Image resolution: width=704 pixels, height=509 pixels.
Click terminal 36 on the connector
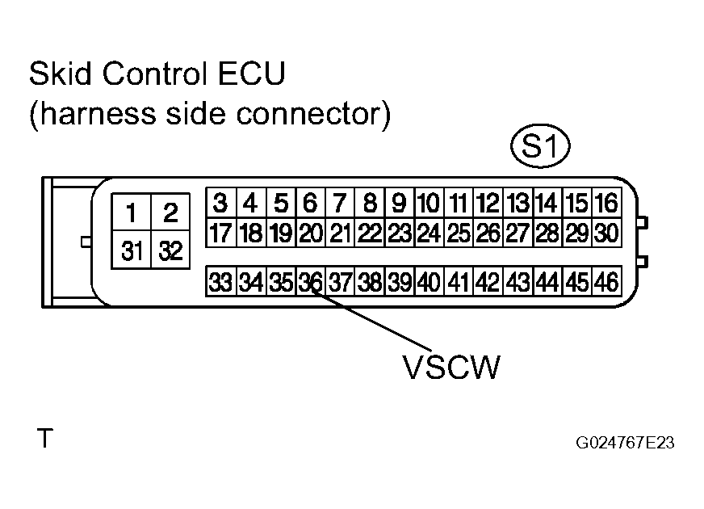coord(311,282)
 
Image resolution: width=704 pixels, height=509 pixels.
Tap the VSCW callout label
coord(451,367)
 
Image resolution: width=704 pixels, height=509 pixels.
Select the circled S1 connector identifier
coord(541,146)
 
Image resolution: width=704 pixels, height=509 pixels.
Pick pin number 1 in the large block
coord(131,212)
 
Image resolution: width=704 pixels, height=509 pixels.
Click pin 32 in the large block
coord(170,250)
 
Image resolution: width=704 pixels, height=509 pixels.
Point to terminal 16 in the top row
coord(607,203)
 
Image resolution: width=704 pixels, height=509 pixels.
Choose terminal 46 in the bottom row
coord(607,282)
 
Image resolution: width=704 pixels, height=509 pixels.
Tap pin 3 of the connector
coord(220,203)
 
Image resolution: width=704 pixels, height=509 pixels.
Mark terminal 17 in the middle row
coord(220,233)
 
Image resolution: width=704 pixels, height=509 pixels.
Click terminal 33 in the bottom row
coord(220,282)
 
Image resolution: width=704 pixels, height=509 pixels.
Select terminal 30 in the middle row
coord(607,233)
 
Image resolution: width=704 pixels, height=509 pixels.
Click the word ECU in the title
coord(251,73)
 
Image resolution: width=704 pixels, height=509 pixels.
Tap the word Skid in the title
coord(61,73)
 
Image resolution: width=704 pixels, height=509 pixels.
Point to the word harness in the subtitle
coord(98,114)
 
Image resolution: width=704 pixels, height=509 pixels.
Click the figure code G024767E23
coord(625,443)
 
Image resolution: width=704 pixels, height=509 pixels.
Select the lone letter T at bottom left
coord(45,438)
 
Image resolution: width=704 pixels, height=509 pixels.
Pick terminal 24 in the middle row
coord(429,233)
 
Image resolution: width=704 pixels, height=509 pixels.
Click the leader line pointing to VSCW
coord(371,319)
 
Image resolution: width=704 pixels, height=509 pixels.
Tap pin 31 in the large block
coord(131,250)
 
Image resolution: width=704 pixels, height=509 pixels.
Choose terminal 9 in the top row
coord(399,203)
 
